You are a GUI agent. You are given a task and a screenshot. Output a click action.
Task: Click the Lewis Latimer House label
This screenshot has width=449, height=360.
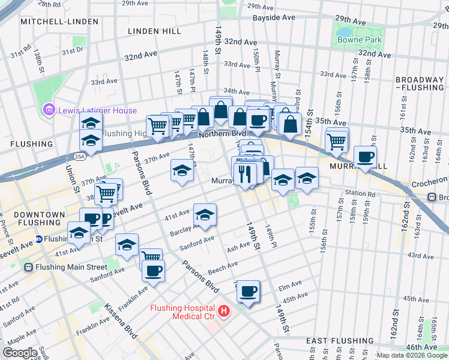[x=97, y=110]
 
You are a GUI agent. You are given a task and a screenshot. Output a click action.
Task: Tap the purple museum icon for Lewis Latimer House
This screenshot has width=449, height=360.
[x=48, y=110]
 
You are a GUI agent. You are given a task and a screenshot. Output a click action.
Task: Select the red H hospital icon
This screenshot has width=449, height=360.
[x=223, y=311]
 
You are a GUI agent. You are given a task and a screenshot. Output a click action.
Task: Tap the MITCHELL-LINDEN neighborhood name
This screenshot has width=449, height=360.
[x=59, y=22]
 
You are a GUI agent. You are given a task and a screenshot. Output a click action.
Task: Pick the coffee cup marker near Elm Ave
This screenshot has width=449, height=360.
[x=248, y=292]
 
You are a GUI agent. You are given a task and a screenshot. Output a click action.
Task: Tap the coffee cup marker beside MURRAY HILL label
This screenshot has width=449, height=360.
[x=365, y=158]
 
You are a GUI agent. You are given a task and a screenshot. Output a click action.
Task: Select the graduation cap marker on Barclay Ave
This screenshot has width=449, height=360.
[x=205, y=215]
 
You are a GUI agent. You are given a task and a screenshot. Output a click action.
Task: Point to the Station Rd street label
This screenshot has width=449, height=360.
[x=360, y=194]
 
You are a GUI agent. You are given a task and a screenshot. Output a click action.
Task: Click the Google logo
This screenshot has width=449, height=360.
[x=20, y=352]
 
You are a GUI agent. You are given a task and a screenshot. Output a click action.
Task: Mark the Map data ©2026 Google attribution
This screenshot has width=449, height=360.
[x=411, y=355]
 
